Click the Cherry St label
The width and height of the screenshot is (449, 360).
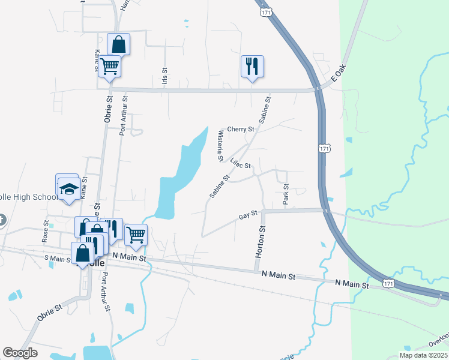(x=241, y=129)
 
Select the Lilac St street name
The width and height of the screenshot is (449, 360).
(x=240, y=163)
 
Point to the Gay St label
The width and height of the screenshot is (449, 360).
(x=248, y=214)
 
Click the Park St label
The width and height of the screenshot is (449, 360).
(x=286, y=193)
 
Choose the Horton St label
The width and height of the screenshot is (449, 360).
(x=261, y=242)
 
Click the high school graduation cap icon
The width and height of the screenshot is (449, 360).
(x=69, y=189)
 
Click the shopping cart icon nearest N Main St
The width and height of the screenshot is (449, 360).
(x=136, y=235)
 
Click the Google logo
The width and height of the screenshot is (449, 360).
(x=20, y=353)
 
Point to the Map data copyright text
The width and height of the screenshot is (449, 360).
(x=423, y=355)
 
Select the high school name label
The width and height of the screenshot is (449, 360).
(x=29, y=197)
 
